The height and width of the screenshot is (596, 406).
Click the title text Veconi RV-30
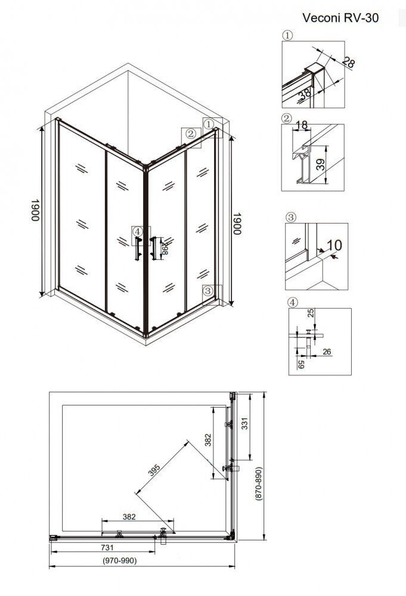pyautogui.click(x=340, y=18)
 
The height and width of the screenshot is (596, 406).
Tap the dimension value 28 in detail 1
pyautogui.click(x=348, y=61)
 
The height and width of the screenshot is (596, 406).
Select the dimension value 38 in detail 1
pyautogui.click(x=305, y=94)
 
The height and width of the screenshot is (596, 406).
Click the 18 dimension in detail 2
pyautogui.click(x=301, y=125)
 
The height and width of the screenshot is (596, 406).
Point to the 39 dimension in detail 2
pyautogui.click(x=321, y=164)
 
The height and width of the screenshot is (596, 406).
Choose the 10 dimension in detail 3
pyautogui.click(x=334, y=245)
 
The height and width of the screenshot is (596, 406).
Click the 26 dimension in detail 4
pyautogui.click(x=327, y=352)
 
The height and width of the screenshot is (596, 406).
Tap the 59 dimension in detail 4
pyautogui.click(x=300, y=365)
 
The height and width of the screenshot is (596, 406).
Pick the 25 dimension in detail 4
pyautogui.click(x=311, y=313)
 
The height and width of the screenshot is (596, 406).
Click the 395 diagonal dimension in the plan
pyautogui.click(x=154, y=471)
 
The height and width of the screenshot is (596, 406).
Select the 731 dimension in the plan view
pyautogui.click(x=107, y=548)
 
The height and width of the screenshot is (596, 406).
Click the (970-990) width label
pyautogui.click(x=120, y=561)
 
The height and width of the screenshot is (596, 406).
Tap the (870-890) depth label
pyautogui.click(x=259, y=483)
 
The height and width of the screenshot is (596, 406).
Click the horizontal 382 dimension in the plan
pyautogui.click(x=129, y=517)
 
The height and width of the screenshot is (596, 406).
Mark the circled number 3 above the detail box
pyautogui.click(x=291, y=218)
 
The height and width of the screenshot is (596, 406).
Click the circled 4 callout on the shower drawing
pyautogui.click(x=137, y=231)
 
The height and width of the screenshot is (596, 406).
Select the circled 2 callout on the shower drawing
pyautogui.click(x=191, y=134)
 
